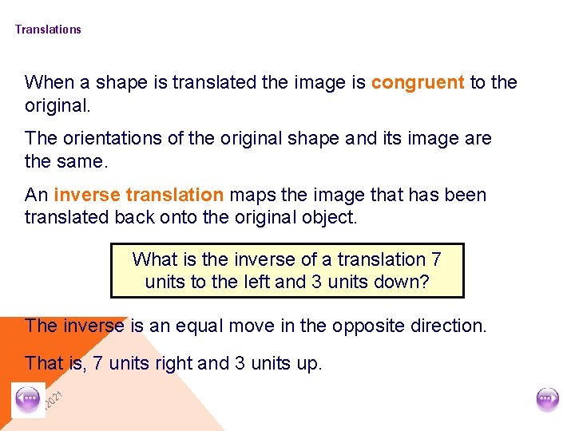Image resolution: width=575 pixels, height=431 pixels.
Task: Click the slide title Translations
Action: coord(48,30)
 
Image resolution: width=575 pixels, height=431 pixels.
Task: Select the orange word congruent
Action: coord(418,82)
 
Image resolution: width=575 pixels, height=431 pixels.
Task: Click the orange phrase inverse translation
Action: coord(139,195)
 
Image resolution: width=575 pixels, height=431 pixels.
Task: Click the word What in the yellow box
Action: coord(156,259)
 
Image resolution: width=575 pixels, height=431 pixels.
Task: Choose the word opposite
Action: coord(375,326)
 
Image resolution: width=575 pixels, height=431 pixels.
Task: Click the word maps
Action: coord(253,195)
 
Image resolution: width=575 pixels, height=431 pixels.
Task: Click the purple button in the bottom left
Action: coord(29,399)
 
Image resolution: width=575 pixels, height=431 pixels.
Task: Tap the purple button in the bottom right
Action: coord(548,399)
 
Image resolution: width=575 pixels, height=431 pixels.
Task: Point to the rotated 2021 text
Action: coord(54,397)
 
